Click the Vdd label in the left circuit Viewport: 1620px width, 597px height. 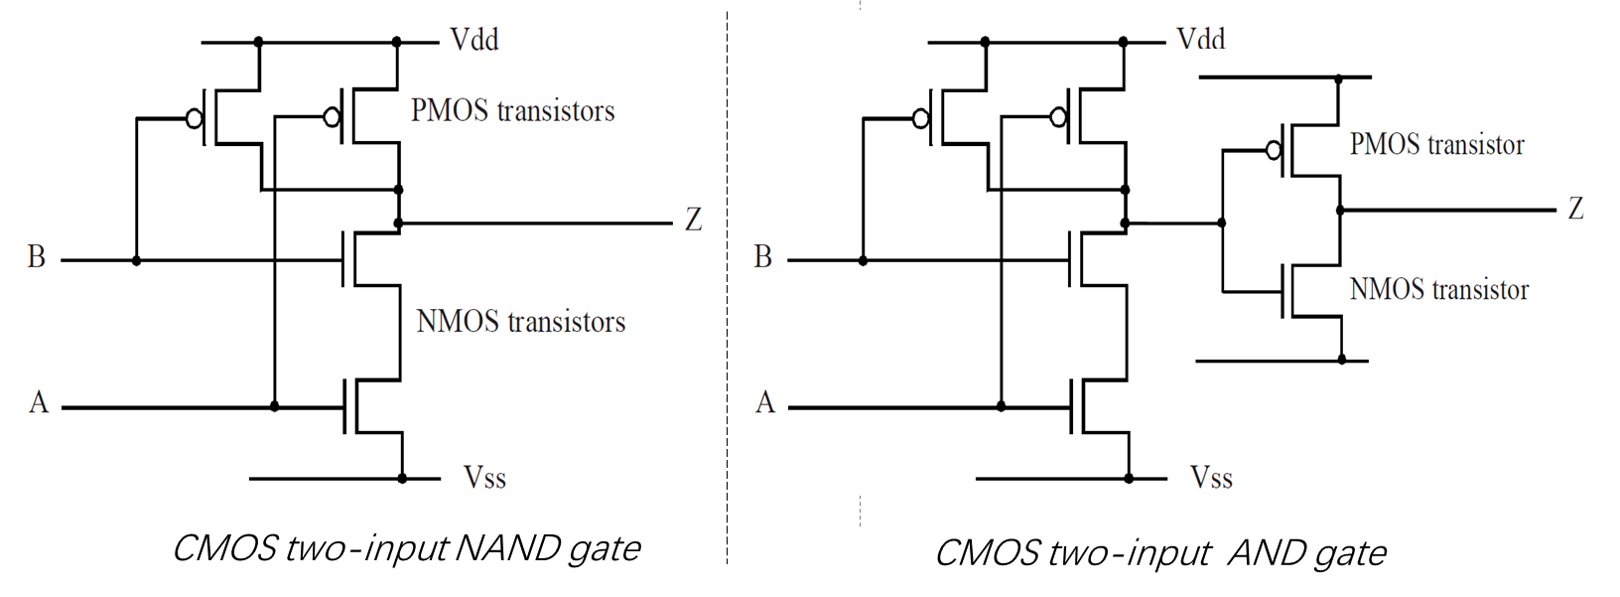click(474, 41)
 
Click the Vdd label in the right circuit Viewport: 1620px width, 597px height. click(1201, 40)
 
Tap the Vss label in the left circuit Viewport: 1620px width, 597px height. click(484, 478)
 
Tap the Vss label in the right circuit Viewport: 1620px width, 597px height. click(1211, 478)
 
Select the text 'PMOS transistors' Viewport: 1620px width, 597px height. click(512, 110)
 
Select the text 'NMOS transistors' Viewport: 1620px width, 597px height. click(520, 322)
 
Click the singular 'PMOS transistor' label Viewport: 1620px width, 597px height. click(1436, 145)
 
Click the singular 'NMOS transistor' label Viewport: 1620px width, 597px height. click(1438, 290)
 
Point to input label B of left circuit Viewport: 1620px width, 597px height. click(37, 257)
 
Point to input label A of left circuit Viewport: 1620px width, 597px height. click(39, 402)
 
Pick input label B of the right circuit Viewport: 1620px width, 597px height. click(762, 257)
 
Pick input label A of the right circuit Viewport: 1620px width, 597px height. click(764, 402)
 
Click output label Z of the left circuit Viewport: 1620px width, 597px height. click(693, 220)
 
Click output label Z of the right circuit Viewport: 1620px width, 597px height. click(1575, 209)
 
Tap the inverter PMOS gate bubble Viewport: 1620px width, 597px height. click(1273, 151)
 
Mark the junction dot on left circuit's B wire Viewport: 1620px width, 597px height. click(137, 260)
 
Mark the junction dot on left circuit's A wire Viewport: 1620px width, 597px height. click(275, 406)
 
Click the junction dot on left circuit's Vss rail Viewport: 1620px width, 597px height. click(402, 478)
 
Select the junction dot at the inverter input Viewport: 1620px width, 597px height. click(1222, 223)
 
